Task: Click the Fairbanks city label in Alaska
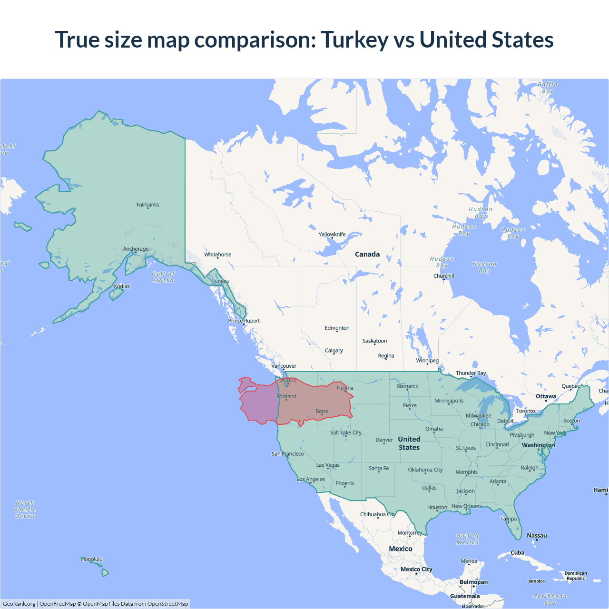[x=147, y=205]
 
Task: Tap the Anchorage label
[x=136, y=249]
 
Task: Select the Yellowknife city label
[x=332, y=234]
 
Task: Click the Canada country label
[x=367, y=254]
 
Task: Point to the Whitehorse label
[x=218, y=255]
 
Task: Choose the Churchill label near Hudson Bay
[x=443, y=276]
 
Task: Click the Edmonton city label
[x=337, y=328]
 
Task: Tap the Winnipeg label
[x=427, y=360]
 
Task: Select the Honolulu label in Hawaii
[x=92, y=559]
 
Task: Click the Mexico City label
[x=416, y=569]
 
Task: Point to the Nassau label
[x=537, y=535]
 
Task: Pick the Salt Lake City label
[x=346, y=432]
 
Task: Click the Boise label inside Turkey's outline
[x=322, y=411]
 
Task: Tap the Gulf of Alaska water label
[x=163, y=277]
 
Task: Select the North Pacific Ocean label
[x=25, y=509]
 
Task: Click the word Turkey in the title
[x=355, y=39]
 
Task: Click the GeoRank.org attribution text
[x=19, y=604]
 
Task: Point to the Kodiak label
[x=122, y=286]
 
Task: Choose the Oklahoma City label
[x=425, y=470]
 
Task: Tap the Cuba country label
[x=517, y=552]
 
